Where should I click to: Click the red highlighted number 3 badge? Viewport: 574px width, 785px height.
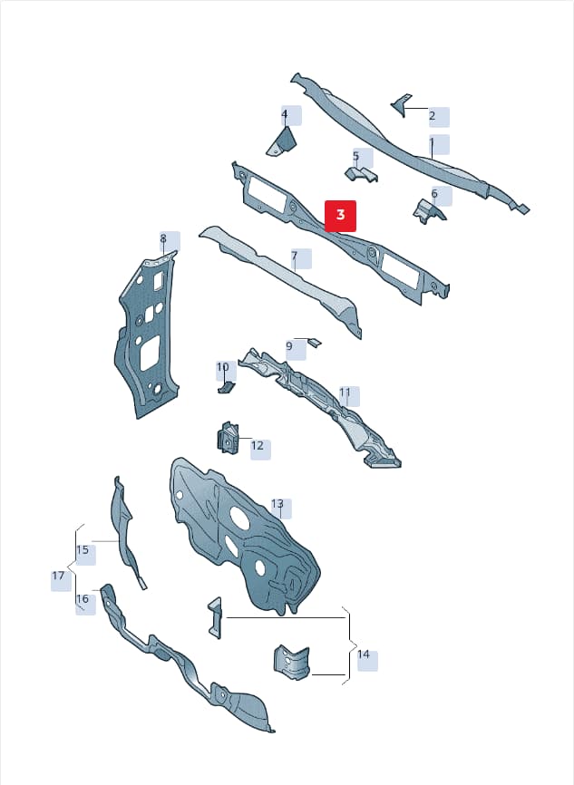click(x=341, y=216)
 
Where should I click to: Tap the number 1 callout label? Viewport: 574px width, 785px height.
click(x=433, y=144)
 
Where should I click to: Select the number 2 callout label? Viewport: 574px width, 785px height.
click(x=433, y=116)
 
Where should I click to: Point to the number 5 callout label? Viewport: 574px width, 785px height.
click(x=356, y=157)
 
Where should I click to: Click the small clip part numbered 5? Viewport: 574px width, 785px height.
click(x=361, y=174)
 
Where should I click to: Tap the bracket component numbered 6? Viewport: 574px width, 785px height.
click(x=429, y=211)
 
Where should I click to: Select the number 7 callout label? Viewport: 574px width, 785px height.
click(x=295, y=257)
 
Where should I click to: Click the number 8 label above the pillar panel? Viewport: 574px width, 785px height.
click(x=163, y=238)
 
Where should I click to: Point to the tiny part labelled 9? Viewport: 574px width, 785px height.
click(x=314, y=342)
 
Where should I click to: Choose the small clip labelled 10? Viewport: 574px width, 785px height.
click(x=226, y=387)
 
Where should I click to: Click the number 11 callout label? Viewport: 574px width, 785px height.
click(x=345, y=392)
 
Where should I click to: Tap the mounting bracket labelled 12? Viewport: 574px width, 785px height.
click(x=228, y=437)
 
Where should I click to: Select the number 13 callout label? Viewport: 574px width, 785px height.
click(x=277, y=504)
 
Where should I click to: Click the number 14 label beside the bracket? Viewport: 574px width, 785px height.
click(x=364, y=654)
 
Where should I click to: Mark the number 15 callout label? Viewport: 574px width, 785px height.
click(x=83, y=550)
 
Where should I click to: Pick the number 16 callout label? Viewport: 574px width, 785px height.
click(x=83, y=599)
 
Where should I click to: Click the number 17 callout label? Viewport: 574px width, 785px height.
click(x=59, y=577)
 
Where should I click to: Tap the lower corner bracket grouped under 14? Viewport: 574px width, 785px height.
click(x=291, y=662)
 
